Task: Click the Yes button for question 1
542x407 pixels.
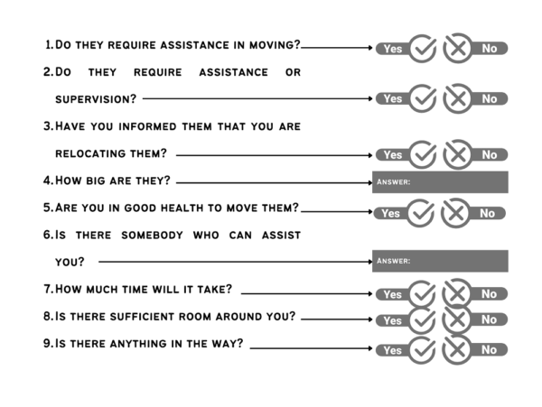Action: (390, 49)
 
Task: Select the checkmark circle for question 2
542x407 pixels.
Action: (423, 97)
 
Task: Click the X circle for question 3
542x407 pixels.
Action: (458, 154)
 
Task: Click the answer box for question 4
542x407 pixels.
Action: (440, 180)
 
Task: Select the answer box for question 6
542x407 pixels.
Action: (440, 261)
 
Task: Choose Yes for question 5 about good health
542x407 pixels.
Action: (390, 214)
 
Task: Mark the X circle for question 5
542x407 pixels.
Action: (458, 214)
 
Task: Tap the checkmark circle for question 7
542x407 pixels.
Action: (423, 294)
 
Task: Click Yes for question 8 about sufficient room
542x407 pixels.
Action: (390, 320)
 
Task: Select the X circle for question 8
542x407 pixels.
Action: (458, 320)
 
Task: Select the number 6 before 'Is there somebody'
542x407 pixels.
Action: (48, 235)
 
